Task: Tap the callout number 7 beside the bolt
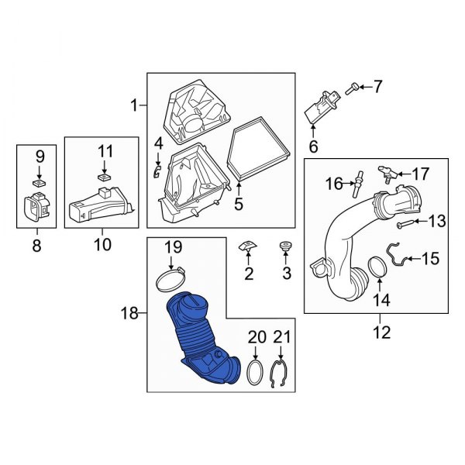point(377,87)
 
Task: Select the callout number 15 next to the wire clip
point(430,258)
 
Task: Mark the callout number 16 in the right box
point(334,183)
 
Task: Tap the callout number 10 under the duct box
point(102,246)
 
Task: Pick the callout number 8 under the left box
point(37,246)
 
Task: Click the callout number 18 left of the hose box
point(129,314)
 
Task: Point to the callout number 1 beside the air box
point(135,105)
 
